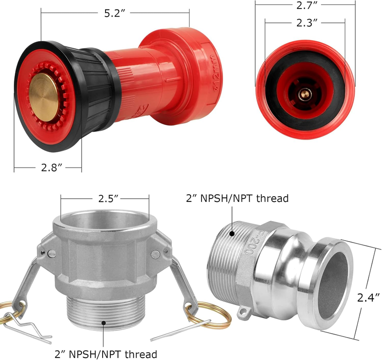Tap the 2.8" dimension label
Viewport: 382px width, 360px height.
(x=52, y=168)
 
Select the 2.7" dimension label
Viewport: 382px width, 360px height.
(x=308, y=5)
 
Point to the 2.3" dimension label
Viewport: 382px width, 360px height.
(x=307, y=22)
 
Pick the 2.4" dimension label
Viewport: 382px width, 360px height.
(x=368, y=297)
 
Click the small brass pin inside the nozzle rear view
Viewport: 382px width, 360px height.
(x=305, y=94)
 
